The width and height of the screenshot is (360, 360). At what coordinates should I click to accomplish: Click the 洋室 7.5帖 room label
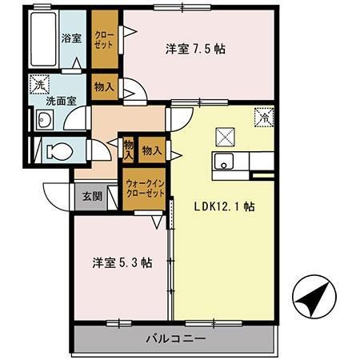click(196, 49)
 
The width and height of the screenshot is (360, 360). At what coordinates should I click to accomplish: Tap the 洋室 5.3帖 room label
click(120, 262)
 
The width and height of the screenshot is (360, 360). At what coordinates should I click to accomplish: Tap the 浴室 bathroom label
click(72, 38)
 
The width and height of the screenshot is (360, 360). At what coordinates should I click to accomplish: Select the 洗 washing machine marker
click(40, 83)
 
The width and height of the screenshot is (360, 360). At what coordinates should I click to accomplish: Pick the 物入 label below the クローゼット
click(103, 86)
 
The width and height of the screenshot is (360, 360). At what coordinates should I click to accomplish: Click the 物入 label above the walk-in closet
click(151, 149)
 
